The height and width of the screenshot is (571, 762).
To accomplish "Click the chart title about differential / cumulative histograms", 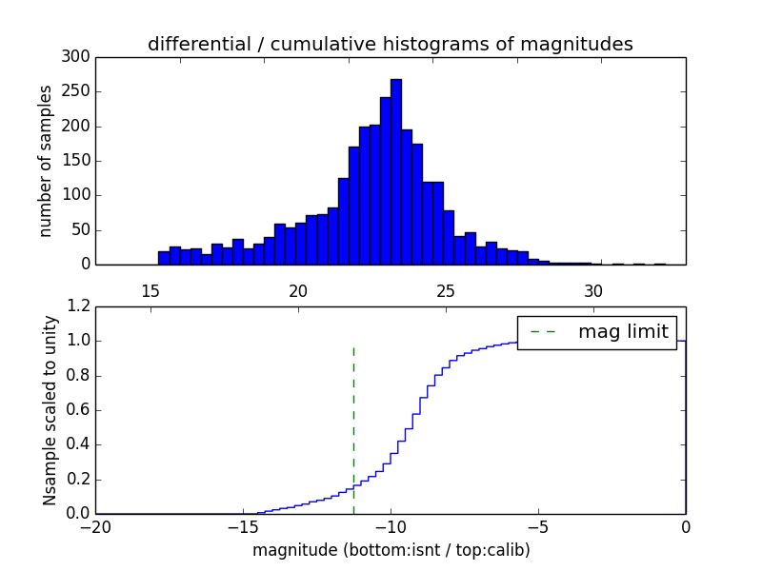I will [391, 44].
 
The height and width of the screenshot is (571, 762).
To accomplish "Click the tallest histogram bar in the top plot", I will [395, 171].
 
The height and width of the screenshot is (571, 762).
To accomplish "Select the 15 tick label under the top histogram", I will [150, 291].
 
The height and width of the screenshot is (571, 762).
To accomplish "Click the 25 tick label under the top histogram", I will [446, 291].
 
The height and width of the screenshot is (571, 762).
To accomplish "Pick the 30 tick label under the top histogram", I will [593, 291].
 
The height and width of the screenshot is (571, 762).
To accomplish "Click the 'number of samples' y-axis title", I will [46, 161].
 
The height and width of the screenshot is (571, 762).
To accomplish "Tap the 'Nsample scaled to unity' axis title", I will [50, 410].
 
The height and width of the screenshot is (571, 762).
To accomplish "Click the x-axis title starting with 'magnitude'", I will [391, 550].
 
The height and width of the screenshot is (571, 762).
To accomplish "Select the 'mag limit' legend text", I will [623, 332].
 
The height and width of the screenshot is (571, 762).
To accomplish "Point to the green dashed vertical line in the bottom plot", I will [353, 428].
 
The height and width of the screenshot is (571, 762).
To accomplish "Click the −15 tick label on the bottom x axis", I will [243, 526].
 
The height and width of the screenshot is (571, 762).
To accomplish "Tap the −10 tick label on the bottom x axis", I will [391, 526].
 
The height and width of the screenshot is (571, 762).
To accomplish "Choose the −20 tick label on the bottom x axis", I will [95, 526].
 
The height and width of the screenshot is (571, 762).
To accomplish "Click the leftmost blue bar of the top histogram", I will [164, 258].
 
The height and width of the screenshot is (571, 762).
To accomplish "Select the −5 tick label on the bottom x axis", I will [538, 526].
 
